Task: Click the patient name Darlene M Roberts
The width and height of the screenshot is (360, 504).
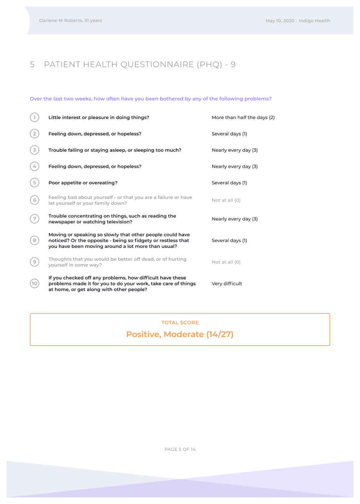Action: pyautogui.click(x=61, y=20)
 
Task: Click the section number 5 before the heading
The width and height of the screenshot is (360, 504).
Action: pyautogui.click(x=32, y=65)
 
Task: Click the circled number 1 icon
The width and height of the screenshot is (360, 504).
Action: pyautogui.click(x=35, y=117)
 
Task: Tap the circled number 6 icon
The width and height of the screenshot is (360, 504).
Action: pyautogui.click(x=35, y=200)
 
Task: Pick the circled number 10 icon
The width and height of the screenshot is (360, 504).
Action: pyautogui.click(x=35, y=283)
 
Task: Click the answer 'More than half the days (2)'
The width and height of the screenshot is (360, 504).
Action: pyautogui.click(x=243, y=117)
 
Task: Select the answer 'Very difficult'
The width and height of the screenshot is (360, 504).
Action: pyautogui.click(x=227, y=283)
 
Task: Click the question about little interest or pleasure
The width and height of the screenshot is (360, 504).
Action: pyautogui.click(x=99, y=117)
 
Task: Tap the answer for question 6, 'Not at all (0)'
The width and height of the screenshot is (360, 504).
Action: pyautogui.click(x=226, y=200)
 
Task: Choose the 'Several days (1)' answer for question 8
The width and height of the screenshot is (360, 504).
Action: pyautogui.click(x=229, y=241)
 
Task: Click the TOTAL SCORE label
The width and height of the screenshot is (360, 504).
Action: pyautogui.click(x=180, y=323)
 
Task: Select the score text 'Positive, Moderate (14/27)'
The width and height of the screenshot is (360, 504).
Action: pyautogui.click(x=180, y=334)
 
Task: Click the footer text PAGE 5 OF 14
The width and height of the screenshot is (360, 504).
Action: pyautogui.click(x=180, y=449)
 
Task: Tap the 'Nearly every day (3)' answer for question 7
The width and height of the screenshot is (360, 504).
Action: pyautogui.click(x=234, y=219)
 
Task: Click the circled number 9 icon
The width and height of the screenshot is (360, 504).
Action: pyautogui.click(x=35, y=262)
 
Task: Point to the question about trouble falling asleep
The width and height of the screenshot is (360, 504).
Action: pyautogui.click(x=115, y=150)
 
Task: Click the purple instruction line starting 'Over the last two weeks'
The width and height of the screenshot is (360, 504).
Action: pyautogui.click(x=151, y=99)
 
